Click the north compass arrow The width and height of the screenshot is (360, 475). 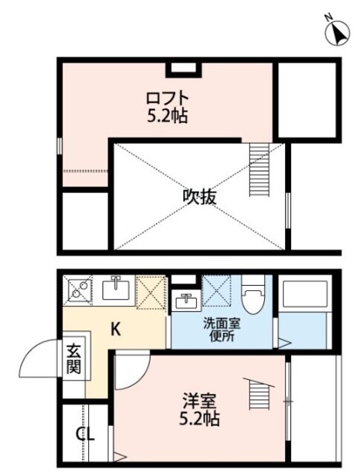tap(338, 33)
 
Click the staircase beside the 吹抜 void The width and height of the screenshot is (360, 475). tap(261, 168)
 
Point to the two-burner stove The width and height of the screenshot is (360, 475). tap(77, 289)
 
